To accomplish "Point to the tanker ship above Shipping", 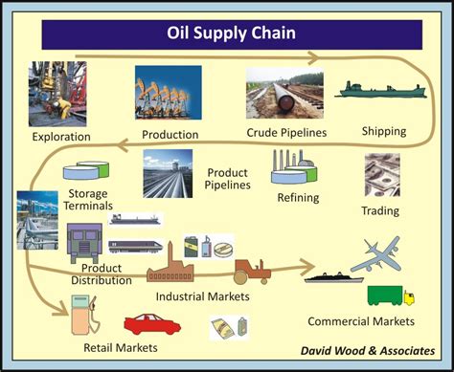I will [382, 91].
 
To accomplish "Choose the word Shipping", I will [383, 130].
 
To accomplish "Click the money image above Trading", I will [381, 175].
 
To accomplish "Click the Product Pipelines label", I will [228, 179].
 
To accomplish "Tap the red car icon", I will [152, 324].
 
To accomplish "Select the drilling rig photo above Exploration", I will [57, 94].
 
